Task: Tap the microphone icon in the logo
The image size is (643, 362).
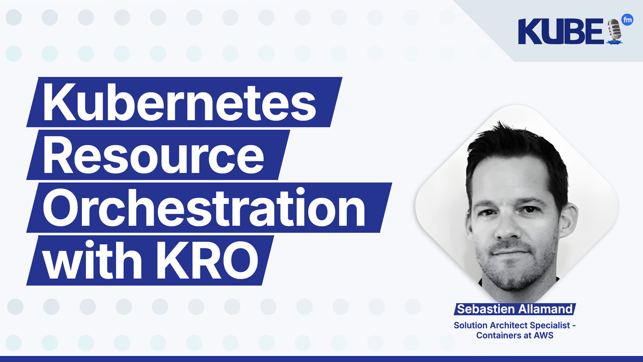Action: (x=614, y=31)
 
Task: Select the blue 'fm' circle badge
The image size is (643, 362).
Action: (x=627, y=20)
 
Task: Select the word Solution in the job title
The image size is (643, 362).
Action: (x=470, y=325)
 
